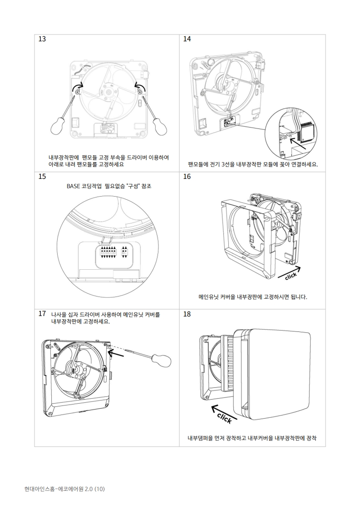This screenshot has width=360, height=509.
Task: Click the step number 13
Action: pyautogui.click(x=42, y=39)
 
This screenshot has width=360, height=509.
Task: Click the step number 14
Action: pyautogui.click(x=187, y=39)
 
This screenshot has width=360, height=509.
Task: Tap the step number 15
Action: pyautogui.click(x=42, y=177)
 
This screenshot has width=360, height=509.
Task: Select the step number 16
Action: pyautogui.click(x=187, y=177)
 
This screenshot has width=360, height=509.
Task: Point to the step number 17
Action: pyautogui.click(x=42, y=314)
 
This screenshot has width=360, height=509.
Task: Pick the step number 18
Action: pyautogui.click(x=187, y=314)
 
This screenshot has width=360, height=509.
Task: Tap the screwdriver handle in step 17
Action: pyautogui.click(x=162, y=360)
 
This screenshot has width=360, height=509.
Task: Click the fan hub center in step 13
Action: pyautogui.click(x=109, y=90)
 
